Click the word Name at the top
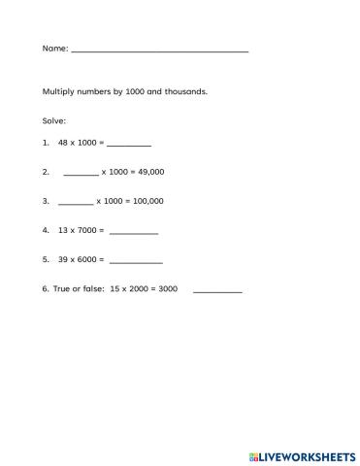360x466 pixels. pyautogui.click(x=54, y=47)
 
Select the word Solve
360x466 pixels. pyautogui.click(x=53, y=121)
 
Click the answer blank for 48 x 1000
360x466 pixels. pyautogui.click(x=129, y=144)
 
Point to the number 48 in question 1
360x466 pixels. pyautogui.click(x=63, y=143)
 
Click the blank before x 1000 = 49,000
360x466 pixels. pyautogui.click(x=81, y=174)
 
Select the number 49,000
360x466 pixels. pyautogui.click(x=149, y=172)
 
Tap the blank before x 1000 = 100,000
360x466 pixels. pyautogui.click(x=76, y=203)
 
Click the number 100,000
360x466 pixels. pyautogui.click(x=147, y=202)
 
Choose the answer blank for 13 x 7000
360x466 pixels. pyautogui.click(x=134, y=233)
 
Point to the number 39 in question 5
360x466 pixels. pyautogui.click(x=63, y=260)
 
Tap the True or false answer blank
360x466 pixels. pyautogui.click(x=217, y=291)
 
